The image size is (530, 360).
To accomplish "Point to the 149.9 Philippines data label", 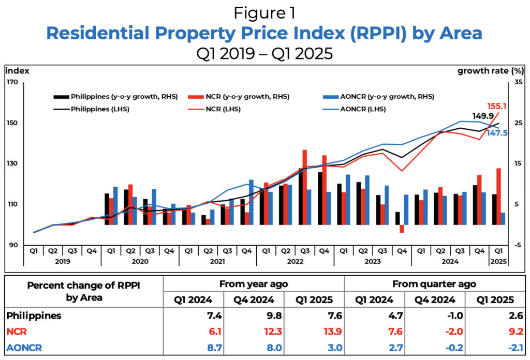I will click(482, 116).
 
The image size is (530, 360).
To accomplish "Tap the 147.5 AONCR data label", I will click(497, 133).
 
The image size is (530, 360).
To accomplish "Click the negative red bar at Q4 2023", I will click(402, 229).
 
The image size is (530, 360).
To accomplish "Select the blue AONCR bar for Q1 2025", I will click(503, 218).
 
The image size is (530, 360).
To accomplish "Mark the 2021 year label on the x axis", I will click(217, 261).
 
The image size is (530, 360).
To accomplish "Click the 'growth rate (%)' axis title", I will click(484, 71).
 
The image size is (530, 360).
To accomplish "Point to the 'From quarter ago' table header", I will click(434, 283).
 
